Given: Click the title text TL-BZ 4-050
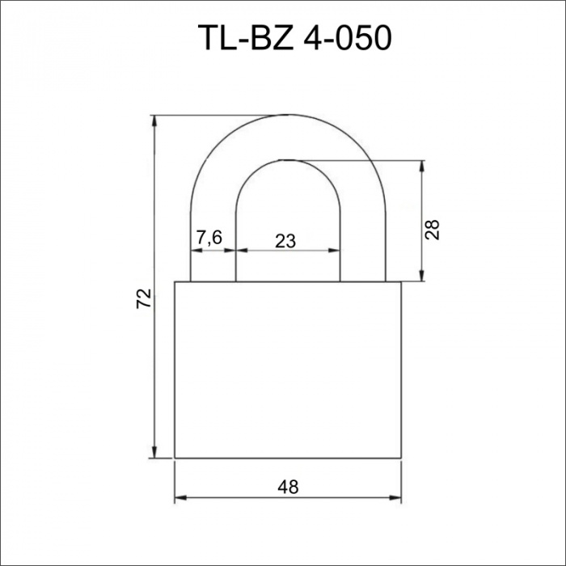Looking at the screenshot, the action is [x=294, y=37].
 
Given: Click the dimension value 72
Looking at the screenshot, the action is [x=144, y=298].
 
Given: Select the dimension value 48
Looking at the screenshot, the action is [x=288, y=487].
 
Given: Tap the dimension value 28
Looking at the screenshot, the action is [x=432, y=230].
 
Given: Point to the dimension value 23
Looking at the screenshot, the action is [x=285, y=241].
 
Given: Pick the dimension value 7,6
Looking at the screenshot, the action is [x=209, y=238].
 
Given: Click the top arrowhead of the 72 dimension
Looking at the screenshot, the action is [x=155, y=121].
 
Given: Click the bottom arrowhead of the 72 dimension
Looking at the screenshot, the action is [x=154, y=452].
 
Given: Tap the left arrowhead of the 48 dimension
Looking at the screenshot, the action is [x=180, y=498].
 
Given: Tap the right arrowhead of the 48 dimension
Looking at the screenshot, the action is [x=395, y=498].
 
